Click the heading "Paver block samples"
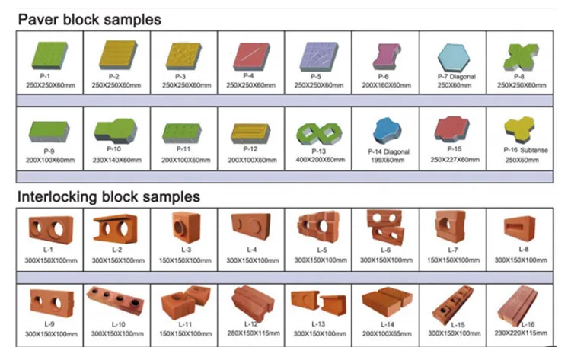(89, 18)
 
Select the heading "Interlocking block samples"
(108, 197)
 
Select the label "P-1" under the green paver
(44, 76)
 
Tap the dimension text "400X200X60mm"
(319, 159)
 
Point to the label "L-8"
(523, 250)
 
